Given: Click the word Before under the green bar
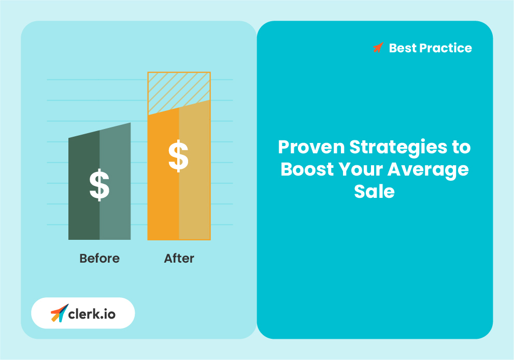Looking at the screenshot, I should point(99,258).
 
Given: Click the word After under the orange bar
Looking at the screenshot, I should point(179,258).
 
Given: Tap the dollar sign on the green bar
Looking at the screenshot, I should point(99,185).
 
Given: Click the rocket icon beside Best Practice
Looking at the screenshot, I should point(378,48).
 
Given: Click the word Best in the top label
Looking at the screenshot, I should point(403,48).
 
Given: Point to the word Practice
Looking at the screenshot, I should point(445,48).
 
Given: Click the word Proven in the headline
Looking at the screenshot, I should point(311,147).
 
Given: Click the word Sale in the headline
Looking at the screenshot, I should point(375,192).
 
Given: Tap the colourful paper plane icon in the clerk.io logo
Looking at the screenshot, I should point(59,313).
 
